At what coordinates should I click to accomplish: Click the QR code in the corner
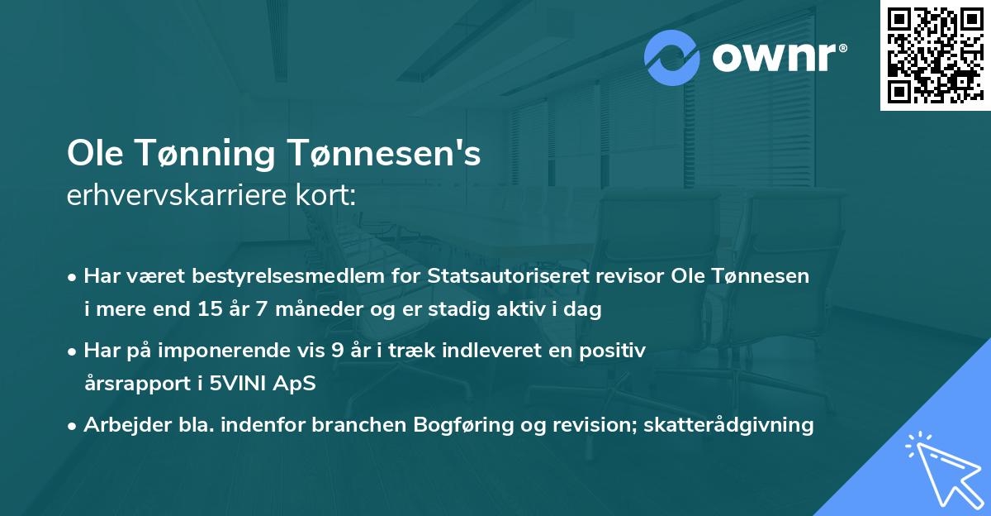pos(935,55)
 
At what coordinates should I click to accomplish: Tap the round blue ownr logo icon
pos(672,58)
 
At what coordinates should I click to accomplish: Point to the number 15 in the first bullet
pos(203,310)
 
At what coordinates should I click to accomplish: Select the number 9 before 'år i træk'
pos(337,351)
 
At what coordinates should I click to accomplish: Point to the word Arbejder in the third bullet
pos(119,425)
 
